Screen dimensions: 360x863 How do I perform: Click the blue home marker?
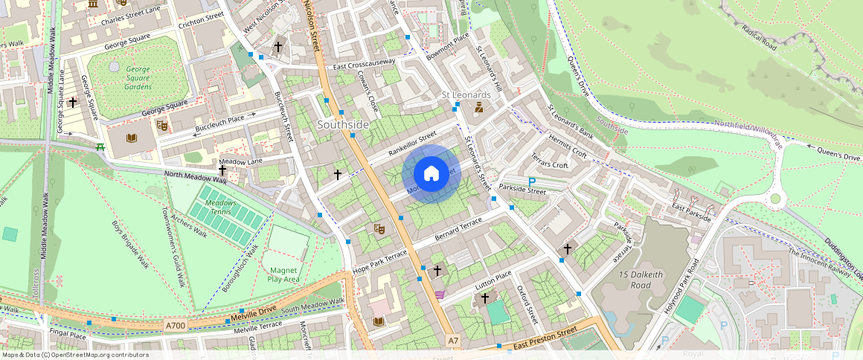tap(431, 174)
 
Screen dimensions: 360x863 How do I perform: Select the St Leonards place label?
tap(466, 95)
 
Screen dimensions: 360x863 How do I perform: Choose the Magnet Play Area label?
tap(284, 274)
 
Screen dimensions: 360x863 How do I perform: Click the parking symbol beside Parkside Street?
tap(531, 181)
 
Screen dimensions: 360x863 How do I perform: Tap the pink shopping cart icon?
tap(440, 295)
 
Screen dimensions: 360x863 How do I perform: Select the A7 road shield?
tap(453, 341)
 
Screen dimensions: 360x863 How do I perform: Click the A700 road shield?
tap(176, 325)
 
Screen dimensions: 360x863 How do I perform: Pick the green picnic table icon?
tap(100, 146)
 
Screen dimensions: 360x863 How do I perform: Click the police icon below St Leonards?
tap(479, 109)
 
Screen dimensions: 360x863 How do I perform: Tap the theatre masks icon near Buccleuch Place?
tap(161, 125)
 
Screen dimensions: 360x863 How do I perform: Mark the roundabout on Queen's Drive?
tap(777, 199)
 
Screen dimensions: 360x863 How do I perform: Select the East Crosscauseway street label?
tap(365, 65)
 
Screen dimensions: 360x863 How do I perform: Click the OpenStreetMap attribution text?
tap(74, 355)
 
